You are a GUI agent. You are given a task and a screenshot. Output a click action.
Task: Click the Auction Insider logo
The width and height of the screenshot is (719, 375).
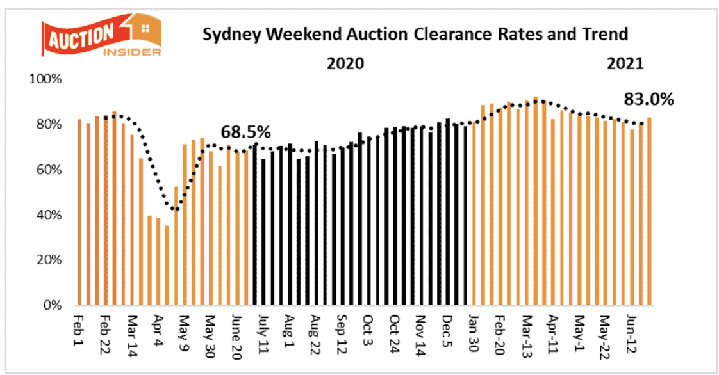[x=101, y=39]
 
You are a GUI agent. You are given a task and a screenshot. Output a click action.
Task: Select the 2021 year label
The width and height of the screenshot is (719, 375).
[x=624, y=64]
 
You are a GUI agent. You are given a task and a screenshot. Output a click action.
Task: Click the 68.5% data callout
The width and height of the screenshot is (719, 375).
[x=245, y=132]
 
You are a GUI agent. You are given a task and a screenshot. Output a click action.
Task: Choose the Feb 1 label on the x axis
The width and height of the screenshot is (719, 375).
[x=79, y=326]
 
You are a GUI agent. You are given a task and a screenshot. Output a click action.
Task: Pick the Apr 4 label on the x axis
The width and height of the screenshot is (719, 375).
[x=158, y=327]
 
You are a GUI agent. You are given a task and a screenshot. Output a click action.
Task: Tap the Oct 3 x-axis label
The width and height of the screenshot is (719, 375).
[x=368, y=327]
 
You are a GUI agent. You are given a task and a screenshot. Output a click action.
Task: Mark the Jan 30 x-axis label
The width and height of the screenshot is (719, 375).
[x=473, y=329]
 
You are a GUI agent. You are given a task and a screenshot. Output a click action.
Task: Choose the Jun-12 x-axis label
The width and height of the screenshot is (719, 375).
[x=631, y=330]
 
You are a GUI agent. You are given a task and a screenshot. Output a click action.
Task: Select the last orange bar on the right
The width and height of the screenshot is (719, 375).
[x=649, y=211]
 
